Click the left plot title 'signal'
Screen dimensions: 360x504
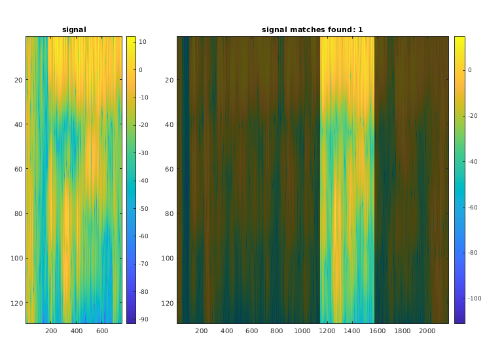pos(74,29)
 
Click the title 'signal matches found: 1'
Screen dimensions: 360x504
pos(312,29)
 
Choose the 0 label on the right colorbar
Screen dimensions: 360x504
pos(470,69)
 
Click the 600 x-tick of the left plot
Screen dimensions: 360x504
pos(102,331)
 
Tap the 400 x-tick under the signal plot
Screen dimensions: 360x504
pos(77,331)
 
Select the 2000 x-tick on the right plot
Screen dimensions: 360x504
pos(427,331)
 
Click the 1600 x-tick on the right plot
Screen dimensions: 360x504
pos(376,331)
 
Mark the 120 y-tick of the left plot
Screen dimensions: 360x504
pos(17,303)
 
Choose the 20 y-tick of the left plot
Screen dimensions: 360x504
pos(18,81)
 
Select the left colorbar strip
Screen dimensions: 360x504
pos(131,179)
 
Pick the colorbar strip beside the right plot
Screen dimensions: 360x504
pos(460,179)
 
